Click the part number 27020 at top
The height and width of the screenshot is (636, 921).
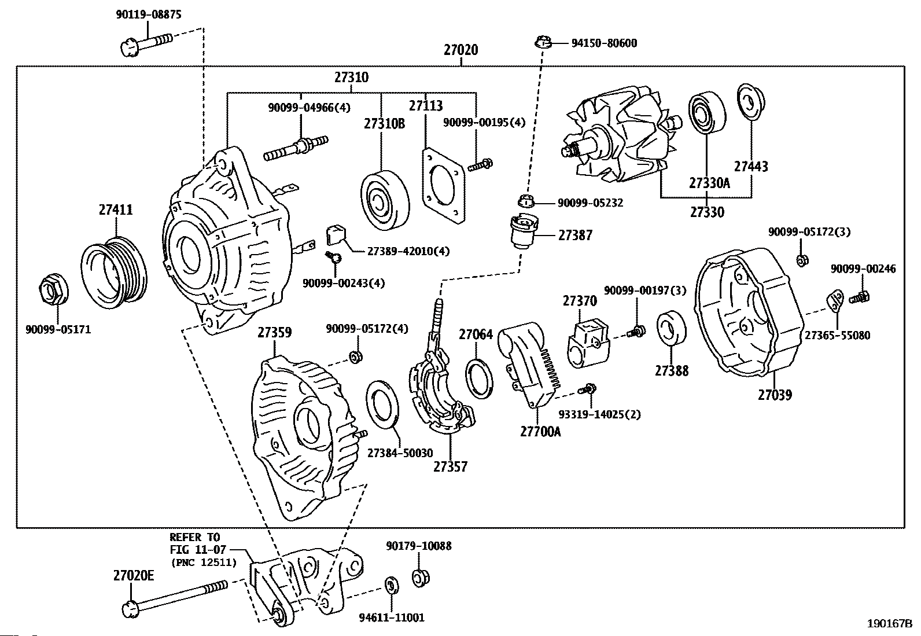click(x=461, y=50)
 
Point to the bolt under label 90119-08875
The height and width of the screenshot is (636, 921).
click(x=146, y=45)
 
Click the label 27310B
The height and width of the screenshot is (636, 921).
click(x=384, y=123)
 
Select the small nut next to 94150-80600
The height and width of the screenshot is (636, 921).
click(x=544, y=42)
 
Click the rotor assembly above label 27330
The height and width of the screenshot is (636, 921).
click(x=620, y=136)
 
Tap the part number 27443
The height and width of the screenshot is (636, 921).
click(x=751, y=166)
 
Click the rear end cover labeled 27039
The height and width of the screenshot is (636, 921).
click(x=749, y=312)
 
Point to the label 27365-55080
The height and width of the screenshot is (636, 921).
click(x=837, y=335)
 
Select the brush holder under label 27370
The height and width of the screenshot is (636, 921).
click(x=588, y=344)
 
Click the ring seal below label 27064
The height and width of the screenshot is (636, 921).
click(x=480, y=378)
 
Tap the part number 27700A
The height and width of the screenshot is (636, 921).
click(x=540, y=432)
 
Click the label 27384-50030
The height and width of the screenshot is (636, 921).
click(x=400, y=453)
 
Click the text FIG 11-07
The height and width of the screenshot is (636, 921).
click(x=198, y=550)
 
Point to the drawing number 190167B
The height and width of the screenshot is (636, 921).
click(x=890, y=624)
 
